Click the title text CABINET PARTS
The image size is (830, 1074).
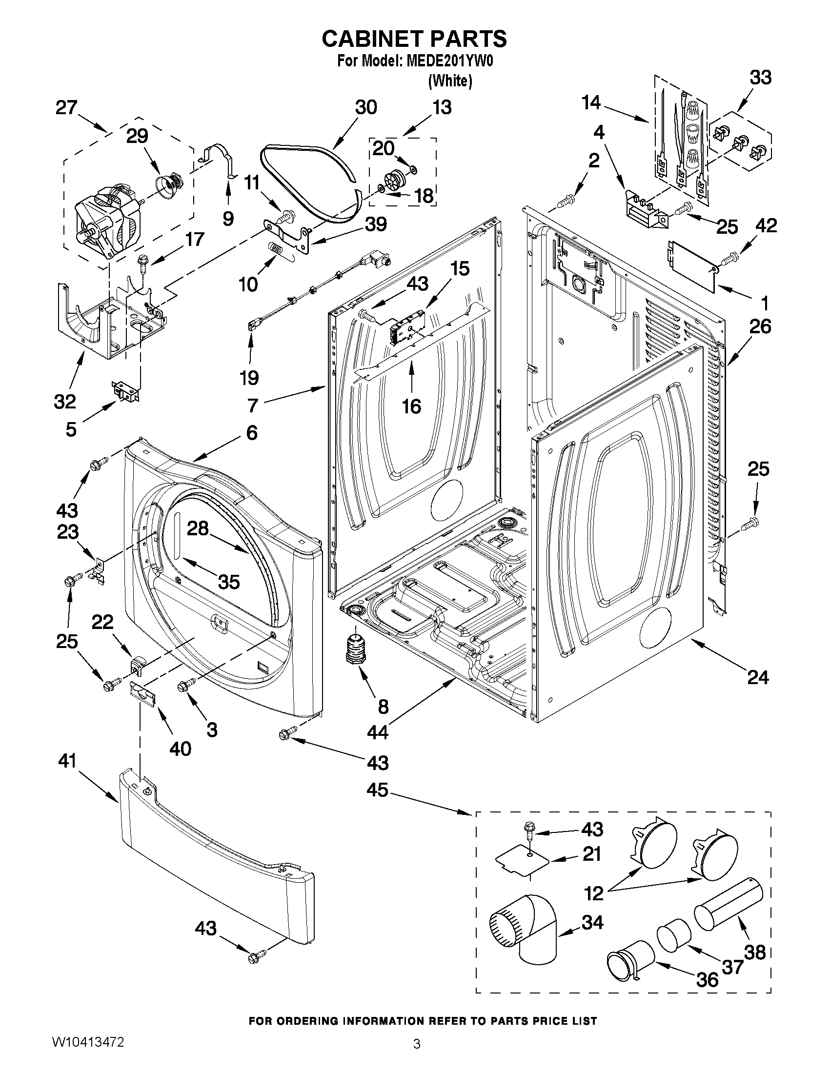click(414, 40)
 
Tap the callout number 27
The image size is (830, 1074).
click(66, 107)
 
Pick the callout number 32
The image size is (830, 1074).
click(65, 402)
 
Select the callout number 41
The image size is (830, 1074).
click(67, 761)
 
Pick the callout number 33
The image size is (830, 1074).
click(761, 78)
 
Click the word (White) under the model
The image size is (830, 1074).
click(450, 81)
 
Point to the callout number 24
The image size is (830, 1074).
click(758, 678)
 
